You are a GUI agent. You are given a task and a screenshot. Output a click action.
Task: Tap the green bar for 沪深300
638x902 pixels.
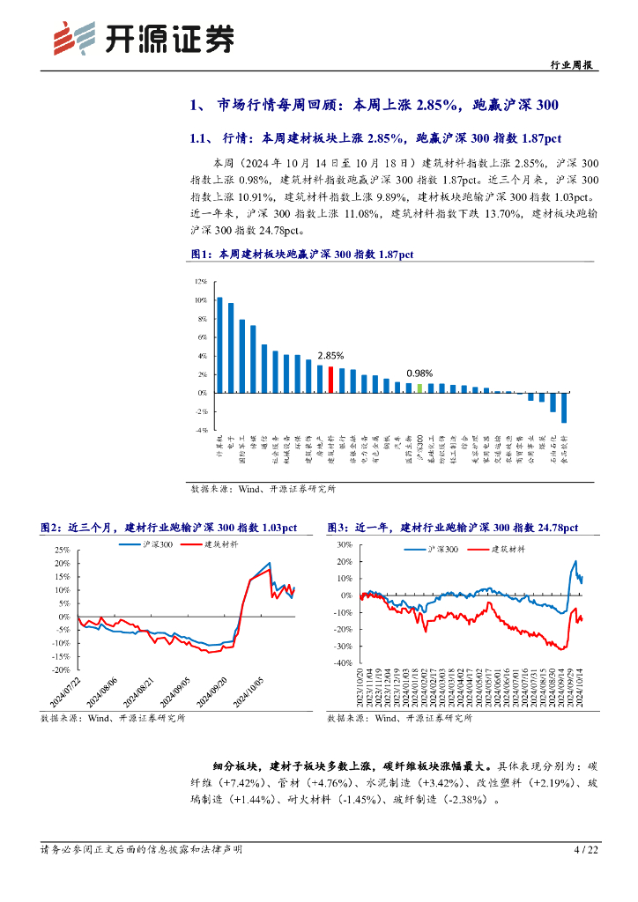[x=419, y=388]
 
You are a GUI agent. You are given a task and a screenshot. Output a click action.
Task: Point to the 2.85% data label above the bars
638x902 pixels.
[x=330, y=356]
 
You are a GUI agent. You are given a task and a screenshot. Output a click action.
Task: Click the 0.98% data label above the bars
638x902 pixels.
[x=419, y=373]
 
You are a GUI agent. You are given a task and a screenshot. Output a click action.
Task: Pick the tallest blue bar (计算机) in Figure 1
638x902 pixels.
[x=219, y=344]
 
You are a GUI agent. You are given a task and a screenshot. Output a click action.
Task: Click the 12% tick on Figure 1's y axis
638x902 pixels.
[x=201, y=282]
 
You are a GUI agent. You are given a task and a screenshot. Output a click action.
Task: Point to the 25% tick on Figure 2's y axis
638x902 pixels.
[x=63, y=551]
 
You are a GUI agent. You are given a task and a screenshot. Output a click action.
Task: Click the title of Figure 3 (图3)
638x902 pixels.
[x=452, y=527]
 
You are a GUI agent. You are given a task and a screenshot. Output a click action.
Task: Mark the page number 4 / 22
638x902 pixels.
[x=586, y=850]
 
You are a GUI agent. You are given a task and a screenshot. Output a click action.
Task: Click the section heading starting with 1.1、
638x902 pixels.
[x=375, y=138]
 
